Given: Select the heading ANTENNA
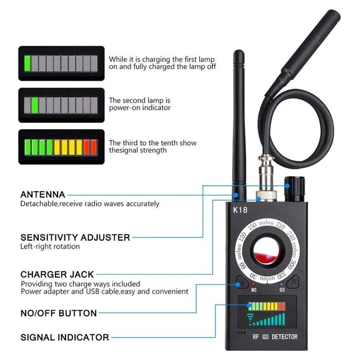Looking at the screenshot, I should click(43, 194).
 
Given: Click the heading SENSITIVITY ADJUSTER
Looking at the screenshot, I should click(75, 237).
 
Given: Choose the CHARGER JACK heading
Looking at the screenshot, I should click(57, 274).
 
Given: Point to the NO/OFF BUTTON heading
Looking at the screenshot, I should click(59, 313).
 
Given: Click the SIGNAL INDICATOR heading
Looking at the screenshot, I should click(64, 337).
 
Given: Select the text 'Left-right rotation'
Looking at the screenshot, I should click(50, 246).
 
